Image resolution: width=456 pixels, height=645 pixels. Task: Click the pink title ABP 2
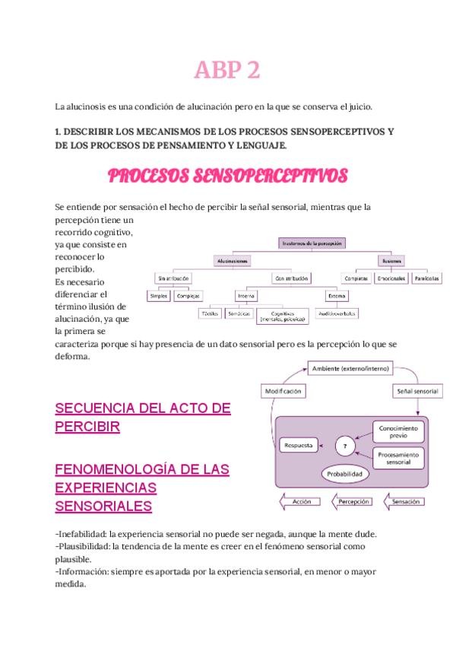pyautogui.click(x=227, y=71)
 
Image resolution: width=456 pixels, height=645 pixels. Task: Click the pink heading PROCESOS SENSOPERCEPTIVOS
pyautogui.click(x=227, y=176)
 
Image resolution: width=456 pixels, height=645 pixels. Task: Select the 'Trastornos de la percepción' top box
pyautogui.click(x=314, y=243)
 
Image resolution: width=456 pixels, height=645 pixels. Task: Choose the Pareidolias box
pyautogui.click(x=426, y=278)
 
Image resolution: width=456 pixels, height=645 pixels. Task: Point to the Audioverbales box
pyautogui.click(x=337, y=313)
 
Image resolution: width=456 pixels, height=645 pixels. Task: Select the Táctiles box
pyautogui.click(x=210, y=313)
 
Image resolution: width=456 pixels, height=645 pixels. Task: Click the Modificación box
pyautogui.click(x=283, y=391)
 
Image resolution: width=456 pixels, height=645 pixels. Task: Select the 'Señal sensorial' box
pyautogui.click(x=416, y=391)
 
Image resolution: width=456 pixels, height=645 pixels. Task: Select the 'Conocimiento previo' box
pyautogui.click(x=395, y=431)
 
